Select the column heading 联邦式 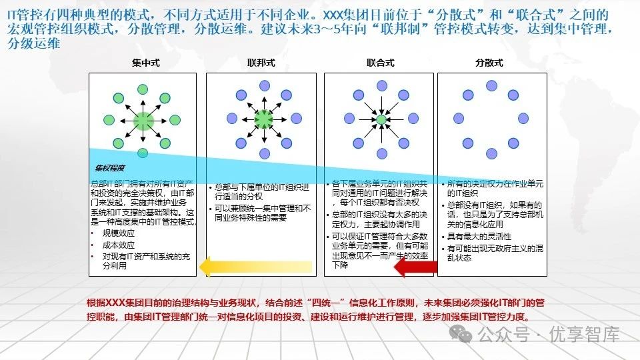[x=261, y=63]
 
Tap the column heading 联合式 [x=380, y=63]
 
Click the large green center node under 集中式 [x=143, y=121]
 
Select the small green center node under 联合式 [x=381, y=120]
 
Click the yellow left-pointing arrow [x=256, y=266]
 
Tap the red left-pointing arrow [x=416, y=267]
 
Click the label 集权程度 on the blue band [x=110, y=168]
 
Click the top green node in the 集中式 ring [x=143, y=89]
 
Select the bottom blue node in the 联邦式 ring [x=265, y=153]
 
